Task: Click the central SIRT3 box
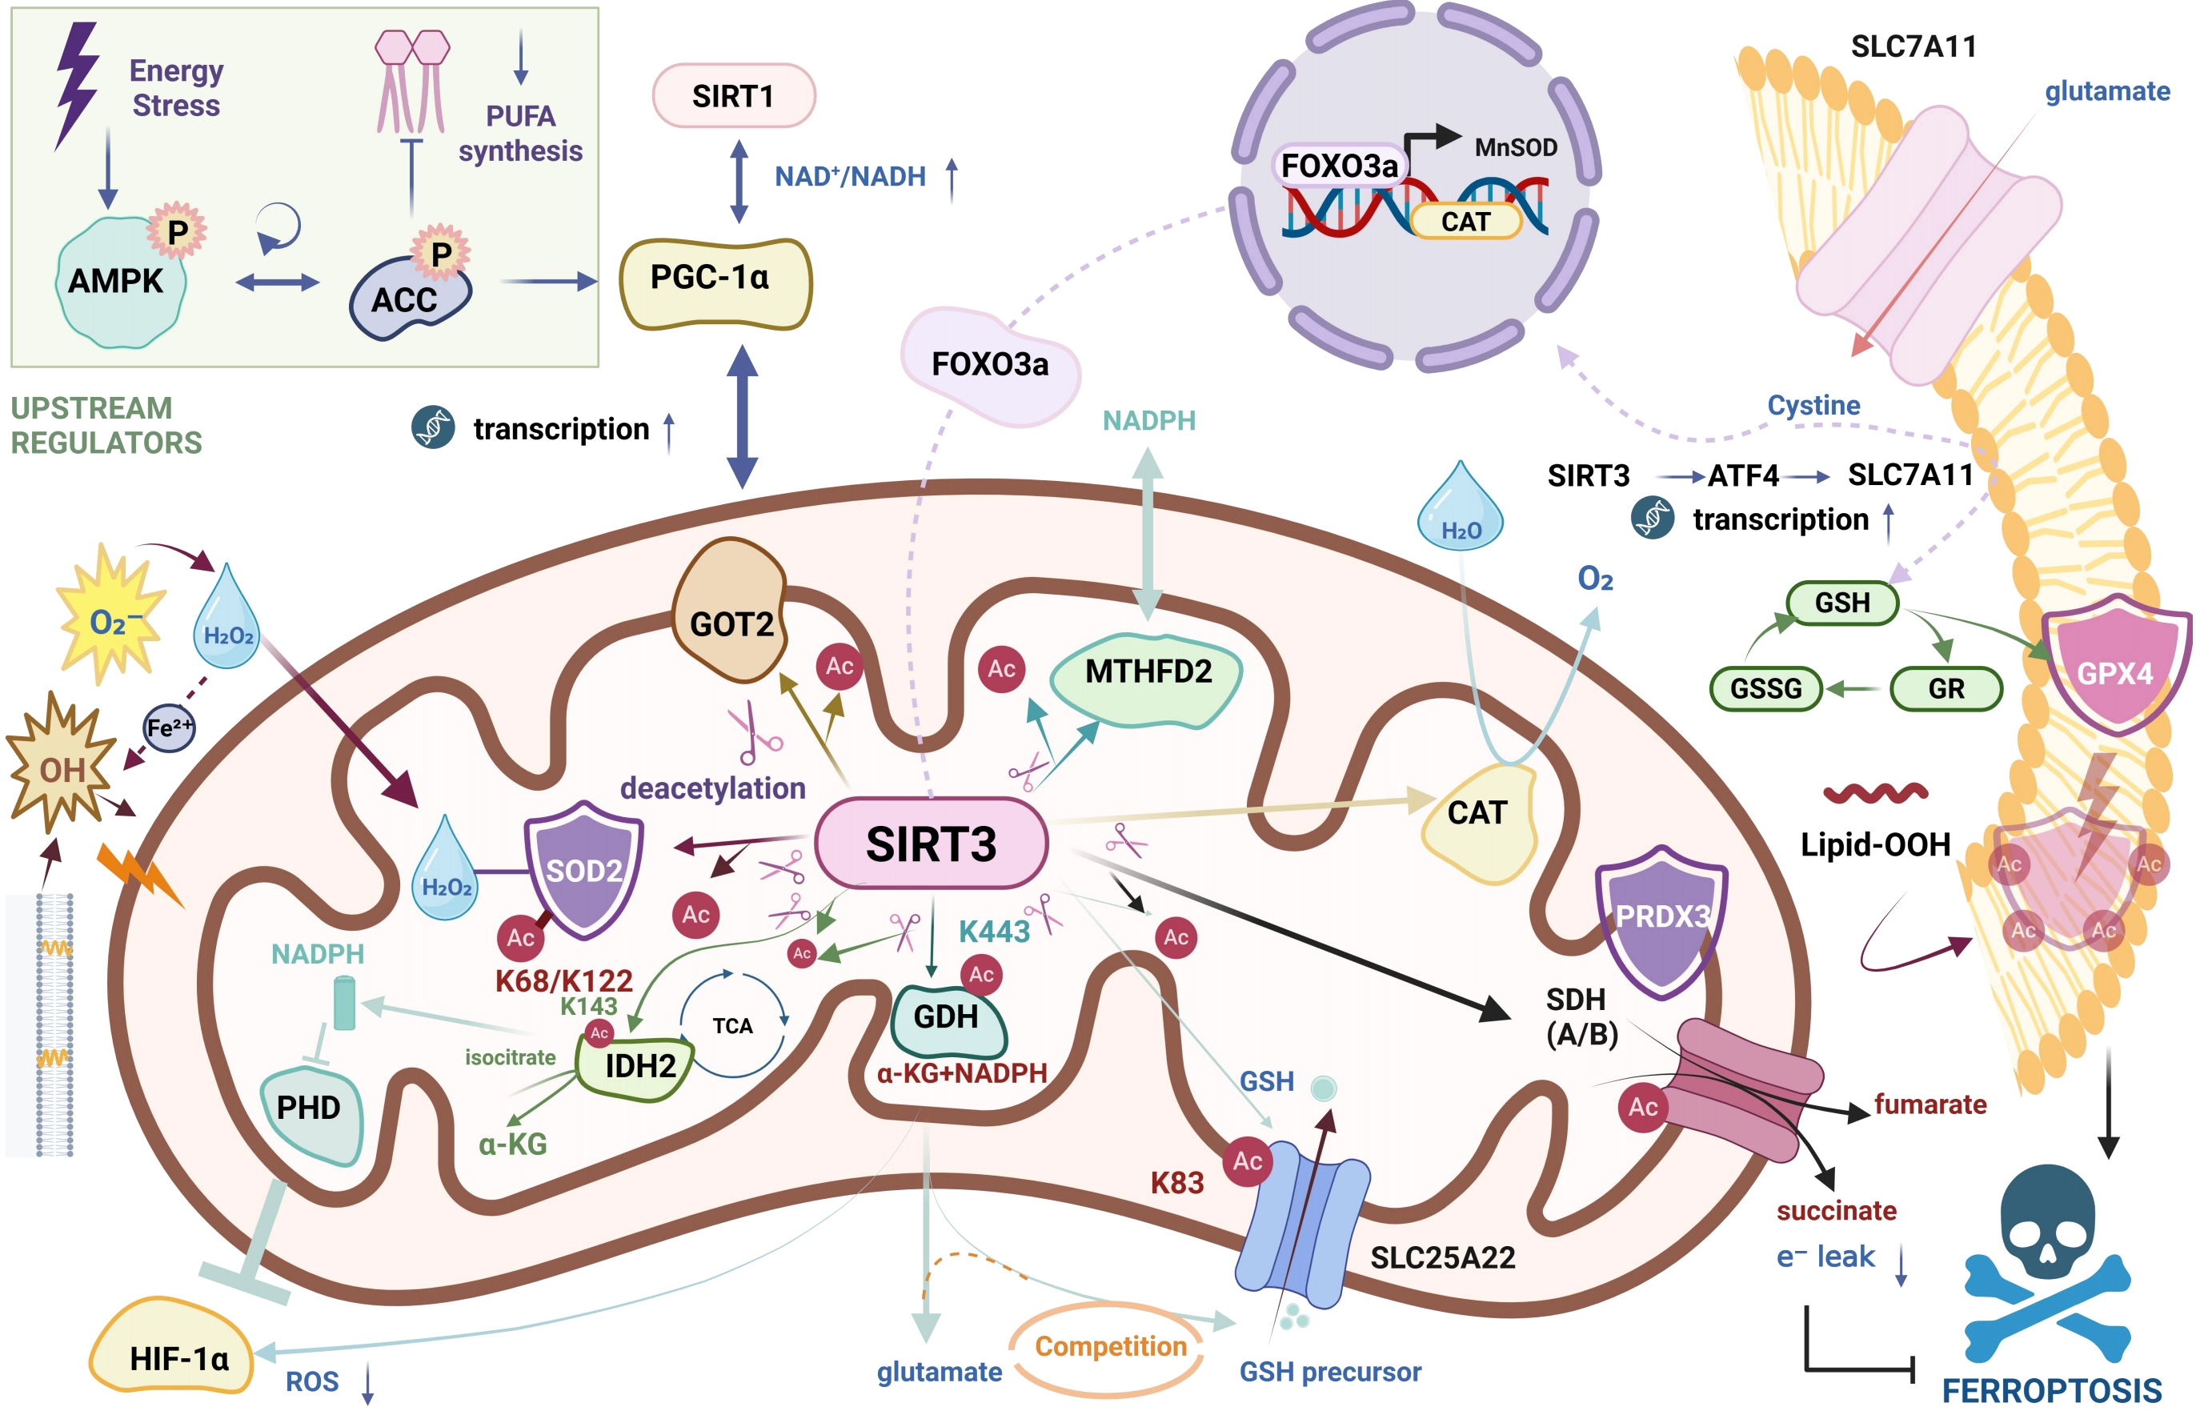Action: pyautogui.click(x=931, y=843)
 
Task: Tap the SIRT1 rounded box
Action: pyautogui.click(x=734, y=95)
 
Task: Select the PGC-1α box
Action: pyautogui.click(x=715, y=283)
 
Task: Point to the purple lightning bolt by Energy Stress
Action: pyautogui.click(x=77, y=84)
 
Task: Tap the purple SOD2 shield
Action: pyautogui.click(x=583, y=869)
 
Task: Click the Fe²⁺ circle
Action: pyautogui.click(x=170, y=728)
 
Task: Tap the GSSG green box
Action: pyautogui.click(x=1766, y=688)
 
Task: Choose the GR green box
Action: pyautogui.click(x=1946, y=688)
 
